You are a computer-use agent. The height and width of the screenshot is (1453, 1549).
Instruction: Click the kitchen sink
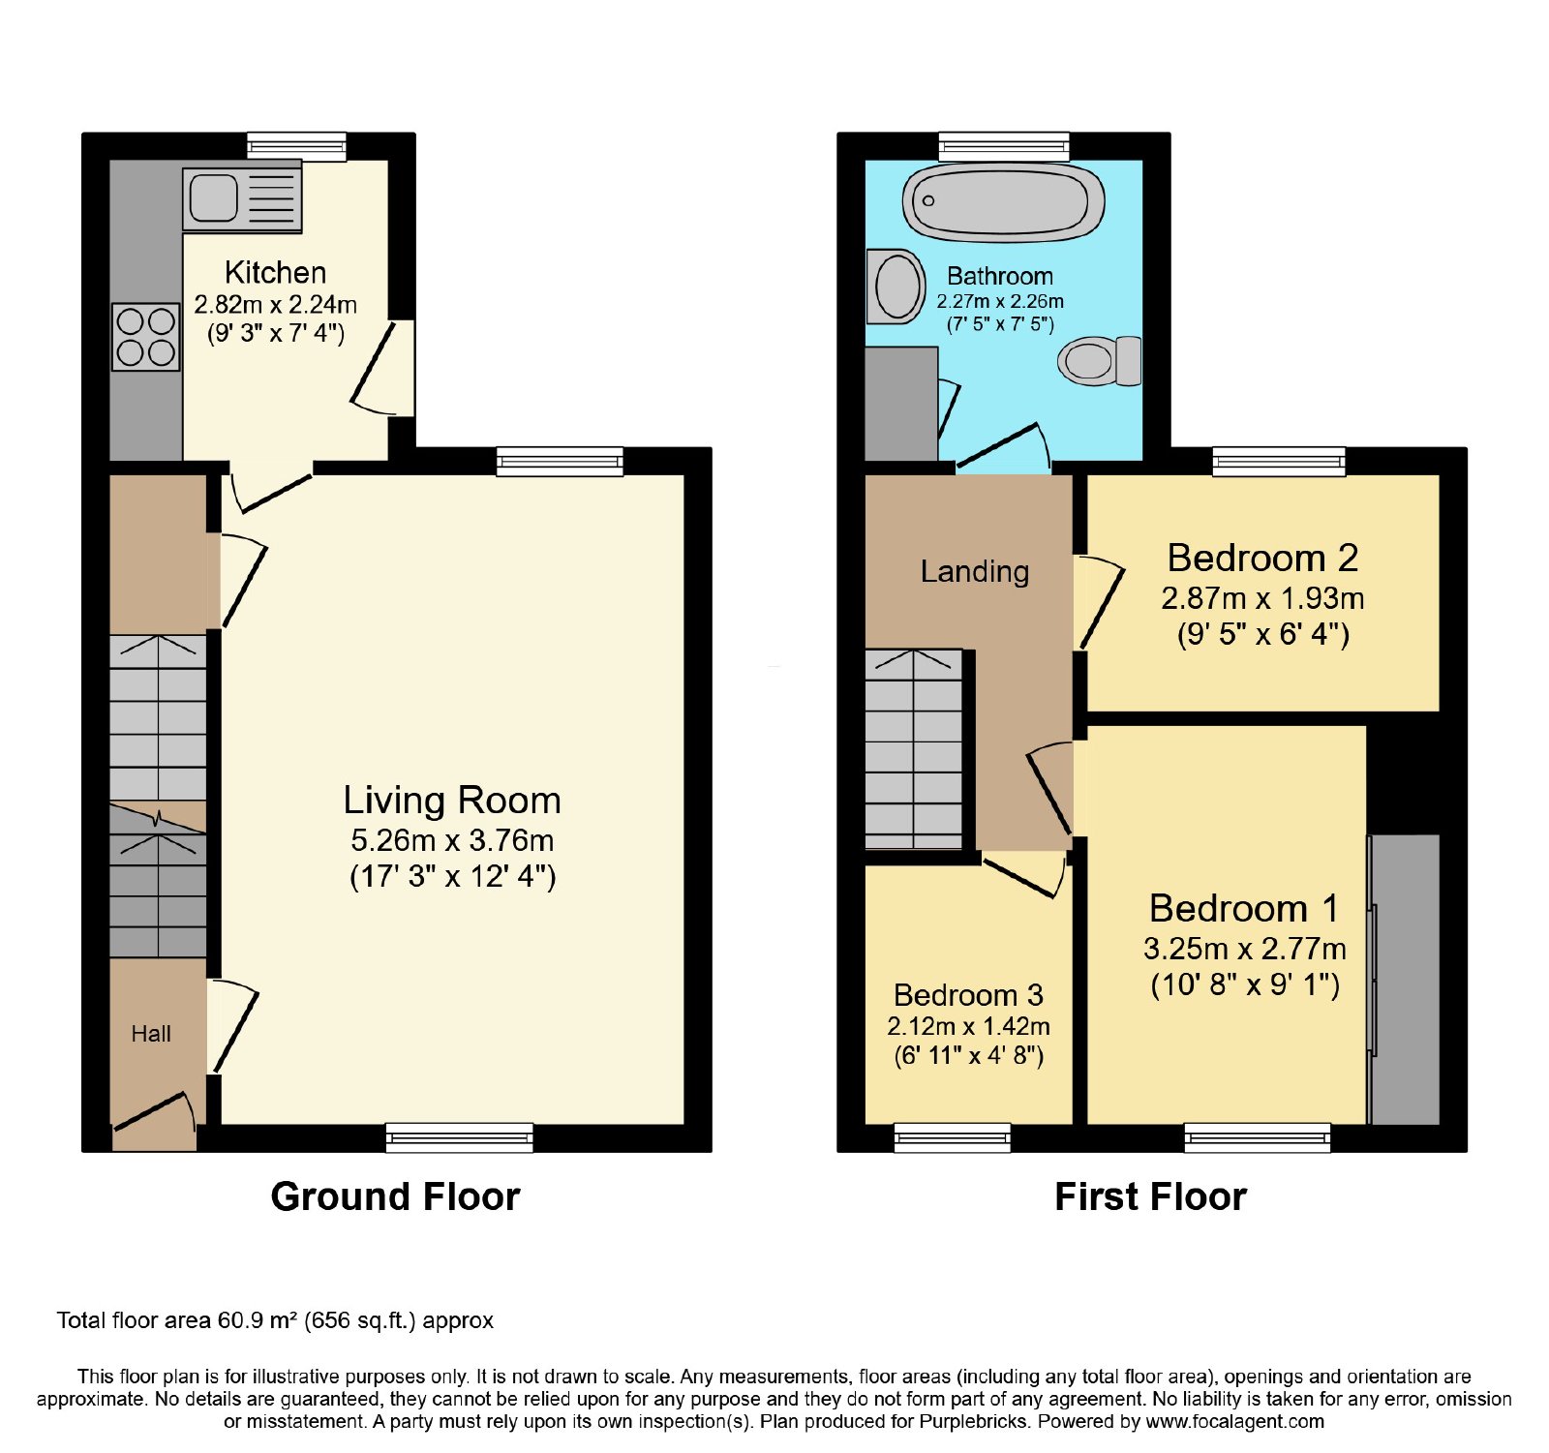(x=242, y=199)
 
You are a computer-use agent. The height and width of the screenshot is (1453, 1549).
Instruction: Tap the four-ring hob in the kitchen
(x=145, y=337)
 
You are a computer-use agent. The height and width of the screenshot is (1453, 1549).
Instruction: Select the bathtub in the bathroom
(x=1004, y=201)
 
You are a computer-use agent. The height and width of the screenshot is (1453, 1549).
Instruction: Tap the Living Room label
(x=452, y=801)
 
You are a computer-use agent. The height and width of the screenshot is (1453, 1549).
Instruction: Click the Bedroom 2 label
(x=1262, y=558)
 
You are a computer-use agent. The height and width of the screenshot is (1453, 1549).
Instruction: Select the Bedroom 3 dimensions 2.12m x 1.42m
(x=968, y=1026)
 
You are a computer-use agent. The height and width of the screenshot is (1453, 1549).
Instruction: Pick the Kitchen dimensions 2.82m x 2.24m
(x=276, y=305)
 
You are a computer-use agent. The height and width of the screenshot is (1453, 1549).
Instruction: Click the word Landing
(x=975, y=572)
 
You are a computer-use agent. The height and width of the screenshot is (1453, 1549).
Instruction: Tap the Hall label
(x=151, y=1034)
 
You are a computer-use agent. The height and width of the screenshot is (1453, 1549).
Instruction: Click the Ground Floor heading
(x=395, y=1196)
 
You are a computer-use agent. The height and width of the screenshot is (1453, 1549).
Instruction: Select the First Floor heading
(x=1150, y=1196)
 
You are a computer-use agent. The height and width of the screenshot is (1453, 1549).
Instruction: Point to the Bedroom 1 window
(x=1258, y=1137)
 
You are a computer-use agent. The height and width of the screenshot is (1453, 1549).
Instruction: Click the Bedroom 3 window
(x=953, y=1137)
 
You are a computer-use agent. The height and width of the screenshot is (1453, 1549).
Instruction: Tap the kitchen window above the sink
(x=296, y=146)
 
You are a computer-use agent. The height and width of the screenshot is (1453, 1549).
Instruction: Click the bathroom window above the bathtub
(x=1004, y=146)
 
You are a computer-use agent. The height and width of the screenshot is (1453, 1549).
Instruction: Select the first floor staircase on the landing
(x=914, y=749)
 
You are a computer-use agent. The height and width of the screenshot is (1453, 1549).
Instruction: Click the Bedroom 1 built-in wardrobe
(x=1404, y=979)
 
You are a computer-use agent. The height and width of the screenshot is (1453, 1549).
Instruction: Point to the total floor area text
(x=275, y=1320)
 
